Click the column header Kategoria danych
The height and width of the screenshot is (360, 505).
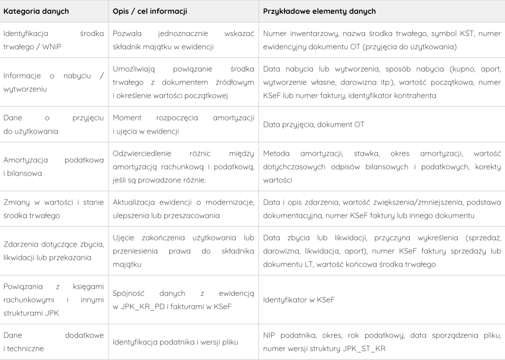pyautogui.click(x=36, y=11)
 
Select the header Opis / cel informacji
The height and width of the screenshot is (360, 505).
pyautogui.click(x=149, y=11)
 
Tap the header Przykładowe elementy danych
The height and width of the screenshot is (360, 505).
pyautogui.click(x=319, y=11)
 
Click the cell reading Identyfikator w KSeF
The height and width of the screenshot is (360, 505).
pyautogui.click(x=299, y=299)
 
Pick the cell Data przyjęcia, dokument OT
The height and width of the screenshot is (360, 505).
pyautogui.click(x=314, y=124)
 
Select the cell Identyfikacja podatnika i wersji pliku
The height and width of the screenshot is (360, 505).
pyautogui.click(x=175, y=342)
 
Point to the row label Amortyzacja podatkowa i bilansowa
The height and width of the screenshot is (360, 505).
pyautogui.click(x=53, y=167)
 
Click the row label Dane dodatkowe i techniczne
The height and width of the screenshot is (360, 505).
pyautogui.click(x=53, y=342)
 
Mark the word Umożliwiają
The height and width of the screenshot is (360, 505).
pyautogui.click(x=134, y=70)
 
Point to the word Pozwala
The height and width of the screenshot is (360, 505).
pyautogui.click(x=126, y=35)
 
